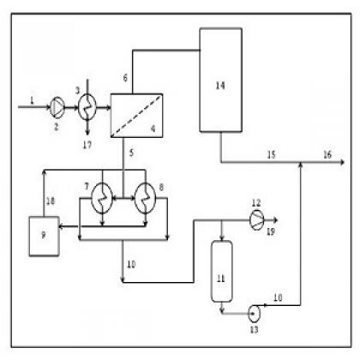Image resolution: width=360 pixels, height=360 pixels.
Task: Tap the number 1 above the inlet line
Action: click(x=32, y=100)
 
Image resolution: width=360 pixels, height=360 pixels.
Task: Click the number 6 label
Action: click(x=125, y=78)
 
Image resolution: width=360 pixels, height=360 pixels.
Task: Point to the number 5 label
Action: click(x=131, y=153)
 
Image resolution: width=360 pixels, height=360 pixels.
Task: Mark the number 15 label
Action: click(x=271, y=154)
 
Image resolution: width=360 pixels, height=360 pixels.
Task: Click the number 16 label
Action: click(x=327, y=154)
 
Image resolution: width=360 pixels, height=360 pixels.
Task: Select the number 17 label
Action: click(x=87, y=145)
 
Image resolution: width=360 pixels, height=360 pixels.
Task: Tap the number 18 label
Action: click(x=51, y=201)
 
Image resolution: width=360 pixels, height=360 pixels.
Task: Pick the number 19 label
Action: click(x=271, y=231)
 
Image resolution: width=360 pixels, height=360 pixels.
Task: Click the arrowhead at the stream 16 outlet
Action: click(x=342, y=162)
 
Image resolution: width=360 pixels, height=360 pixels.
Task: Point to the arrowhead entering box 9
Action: click(x=61, y=226)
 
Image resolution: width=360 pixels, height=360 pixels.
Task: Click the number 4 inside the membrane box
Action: click(x=153, y=129)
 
